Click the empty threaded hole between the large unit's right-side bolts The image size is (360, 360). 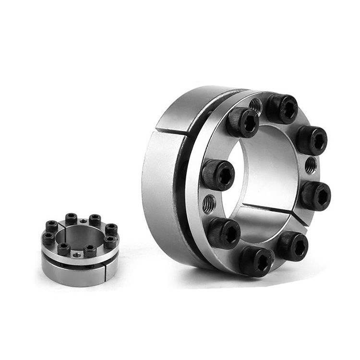click(x=311, y=166)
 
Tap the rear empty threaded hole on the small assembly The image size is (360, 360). click(x=84, y=221)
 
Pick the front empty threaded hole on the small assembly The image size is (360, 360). click(x=76, y=255)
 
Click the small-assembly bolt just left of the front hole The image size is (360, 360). click(x=64, y=248)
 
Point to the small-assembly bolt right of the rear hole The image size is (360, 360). click(x=95, y=219)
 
